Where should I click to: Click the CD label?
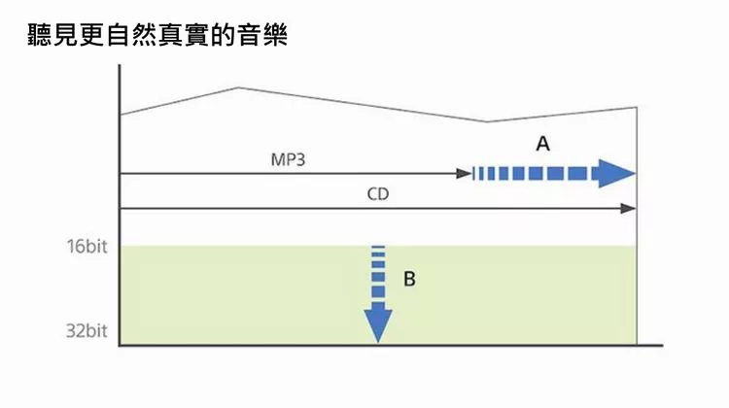pyautogui.click(x=378, y=194)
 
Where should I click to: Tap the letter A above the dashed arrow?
pyautogui.click(x=543, y=144)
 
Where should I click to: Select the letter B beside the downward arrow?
pyautogui.click(x=409, y=279)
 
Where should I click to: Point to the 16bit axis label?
pyautogui.click(x=87, y=246)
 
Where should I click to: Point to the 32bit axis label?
pyautogui.click(x=87, y=331)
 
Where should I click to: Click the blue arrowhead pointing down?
pyautogui.click(x=377, y=325)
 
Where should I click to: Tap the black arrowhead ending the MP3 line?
pyautogui.click(x=465, y=174)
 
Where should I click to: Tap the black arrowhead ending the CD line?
pyautogui.click(x=629, y=209)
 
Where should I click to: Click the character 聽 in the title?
pyautogui.click(x=43, y=38)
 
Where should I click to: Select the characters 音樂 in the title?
pyautogui.click(x=261, y=38)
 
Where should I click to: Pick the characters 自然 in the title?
pyautogui.click(x=136, y=38)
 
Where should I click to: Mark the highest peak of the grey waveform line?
pyautogui.click(x=238, y=88)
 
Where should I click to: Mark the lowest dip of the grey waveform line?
pyautogui.click(x=487, y=122)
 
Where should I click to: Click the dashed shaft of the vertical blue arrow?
pyautogui.click(x=377, y=276)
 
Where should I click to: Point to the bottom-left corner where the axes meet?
pyautogui.click(x=120, y=344)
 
